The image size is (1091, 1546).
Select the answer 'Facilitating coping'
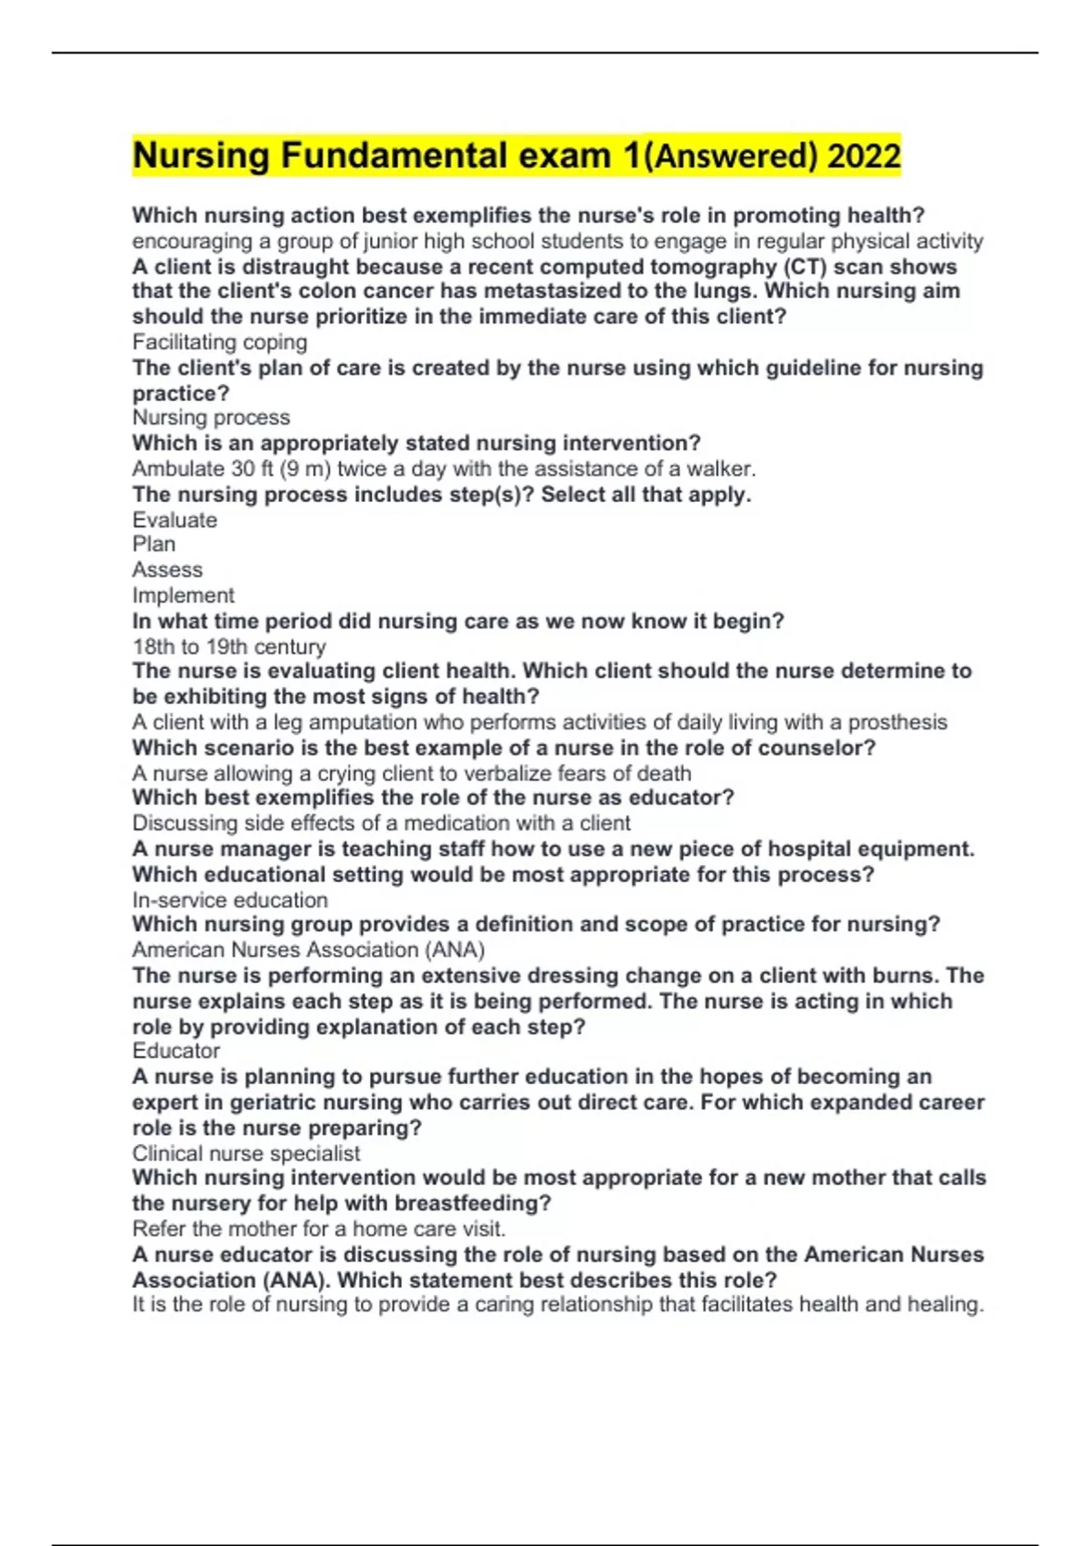pyautogui.click(x=219, y=342)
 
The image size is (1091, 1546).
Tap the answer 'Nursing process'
pyautogui.click(x=211, y=417)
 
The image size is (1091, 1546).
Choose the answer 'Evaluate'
pyautogui.click(x=175, y=520)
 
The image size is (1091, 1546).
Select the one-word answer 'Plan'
pyautogui.click(x=154, y=544)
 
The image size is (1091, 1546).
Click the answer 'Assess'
pyautogui.click(x=167, y=570)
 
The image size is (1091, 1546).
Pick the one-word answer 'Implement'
pyautogui.click(x=183, y=596)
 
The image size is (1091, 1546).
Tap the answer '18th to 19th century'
pyautogui.click(x=228, y=647)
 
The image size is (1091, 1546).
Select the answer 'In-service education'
pyautogui.click(x=230, y=900)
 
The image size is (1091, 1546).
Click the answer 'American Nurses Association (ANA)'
pyautogui.click(x=308, y=950)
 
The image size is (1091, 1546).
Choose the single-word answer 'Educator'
pyautogui.click(x=175, y=1051)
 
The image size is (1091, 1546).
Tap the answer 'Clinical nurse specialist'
pyautogui.click(x=245, y=1154)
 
